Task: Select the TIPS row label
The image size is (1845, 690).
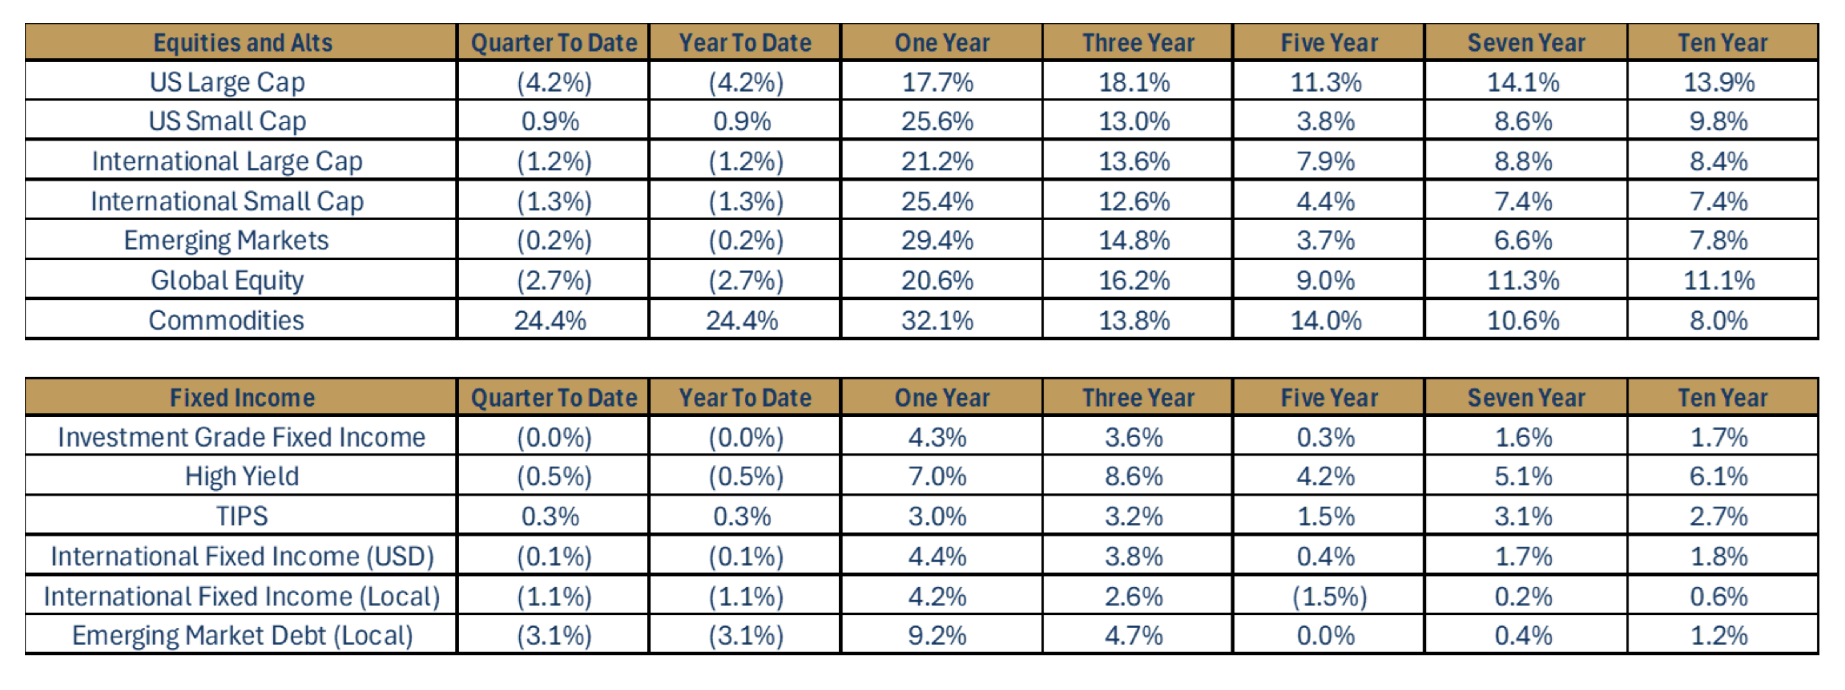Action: (242, 516)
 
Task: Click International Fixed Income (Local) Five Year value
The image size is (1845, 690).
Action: (1329, 596)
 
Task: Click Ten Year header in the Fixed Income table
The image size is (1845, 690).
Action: (1722, 398)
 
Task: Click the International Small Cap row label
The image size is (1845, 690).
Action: (227, 201)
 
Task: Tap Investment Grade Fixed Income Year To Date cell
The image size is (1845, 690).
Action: (746, 437)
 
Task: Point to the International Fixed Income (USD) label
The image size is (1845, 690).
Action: (242, 556)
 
